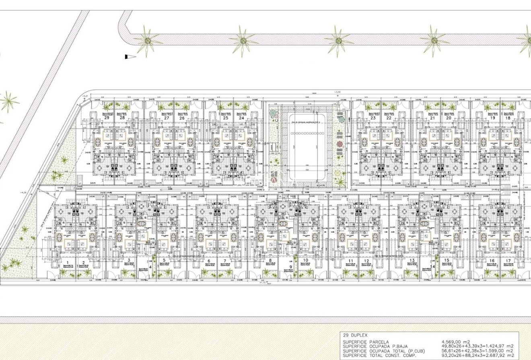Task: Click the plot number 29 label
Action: [x=107, y=118]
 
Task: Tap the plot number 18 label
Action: [x=508, y=118]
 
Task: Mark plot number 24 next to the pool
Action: [x=241, y=118]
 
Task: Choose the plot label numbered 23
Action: [x=373, y=118]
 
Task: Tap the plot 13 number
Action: [x=412, y=261]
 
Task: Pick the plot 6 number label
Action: [x=209, y=261]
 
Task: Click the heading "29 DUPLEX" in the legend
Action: [x=355, y=335]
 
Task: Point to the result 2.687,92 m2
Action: [x=498, y=356]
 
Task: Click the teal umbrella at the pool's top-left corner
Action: [x=273, y=112]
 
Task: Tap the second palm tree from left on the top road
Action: [x=243, y=40]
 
